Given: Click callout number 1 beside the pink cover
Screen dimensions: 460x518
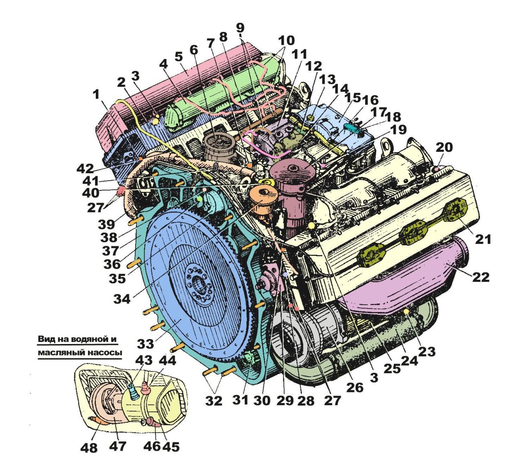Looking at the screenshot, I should point(96,95).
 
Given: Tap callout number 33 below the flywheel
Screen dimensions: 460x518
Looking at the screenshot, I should point(145,344).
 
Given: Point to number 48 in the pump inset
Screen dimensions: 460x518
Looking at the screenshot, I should point(89,447).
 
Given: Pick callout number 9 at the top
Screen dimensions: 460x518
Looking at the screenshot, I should point(240,28).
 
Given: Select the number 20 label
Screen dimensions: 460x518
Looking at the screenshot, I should point(444,147).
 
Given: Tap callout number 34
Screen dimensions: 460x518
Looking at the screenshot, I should point(122,298).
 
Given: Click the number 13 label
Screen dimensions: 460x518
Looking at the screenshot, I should point(327,80).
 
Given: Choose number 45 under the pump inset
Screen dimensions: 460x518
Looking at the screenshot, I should point(171,447).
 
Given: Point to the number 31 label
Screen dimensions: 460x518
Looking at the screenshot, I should point(240,400).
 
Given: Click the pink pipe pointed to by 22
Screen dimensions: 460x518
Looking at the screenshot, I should point(406,276).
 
